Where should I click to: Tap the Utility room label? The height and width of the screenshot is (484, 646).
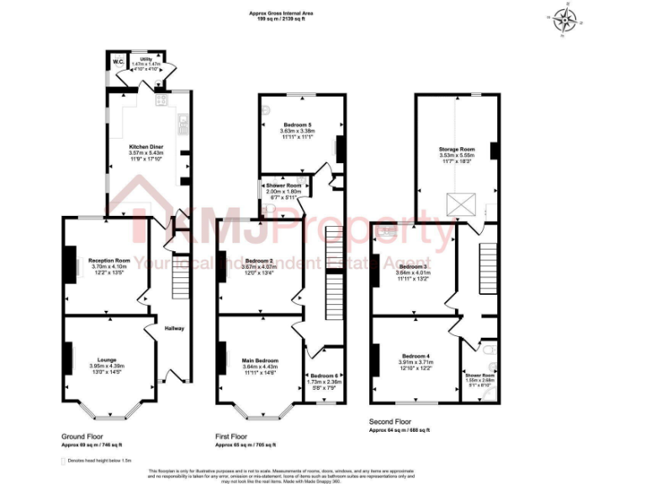146,59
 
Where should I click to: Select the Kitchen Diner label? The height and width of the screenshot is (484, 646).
145,145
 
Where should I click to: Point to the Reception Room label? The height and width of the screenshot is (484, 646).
109,260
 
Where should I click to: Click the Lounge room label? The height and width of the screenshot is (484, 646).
107,357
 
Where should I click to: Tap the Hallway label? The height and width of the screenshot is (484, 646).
174,328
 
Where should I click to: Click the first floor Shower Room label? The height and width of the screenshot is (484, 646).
283,185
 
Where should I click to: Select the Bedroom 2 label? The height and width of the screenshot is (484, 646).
259,260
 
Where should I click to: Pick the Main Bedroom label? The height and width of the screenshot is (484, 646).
261,359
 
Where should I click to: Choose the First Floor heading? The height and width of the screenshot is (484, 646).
235,436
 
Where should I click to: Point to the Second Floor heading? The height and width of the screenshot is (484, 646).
391,421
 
